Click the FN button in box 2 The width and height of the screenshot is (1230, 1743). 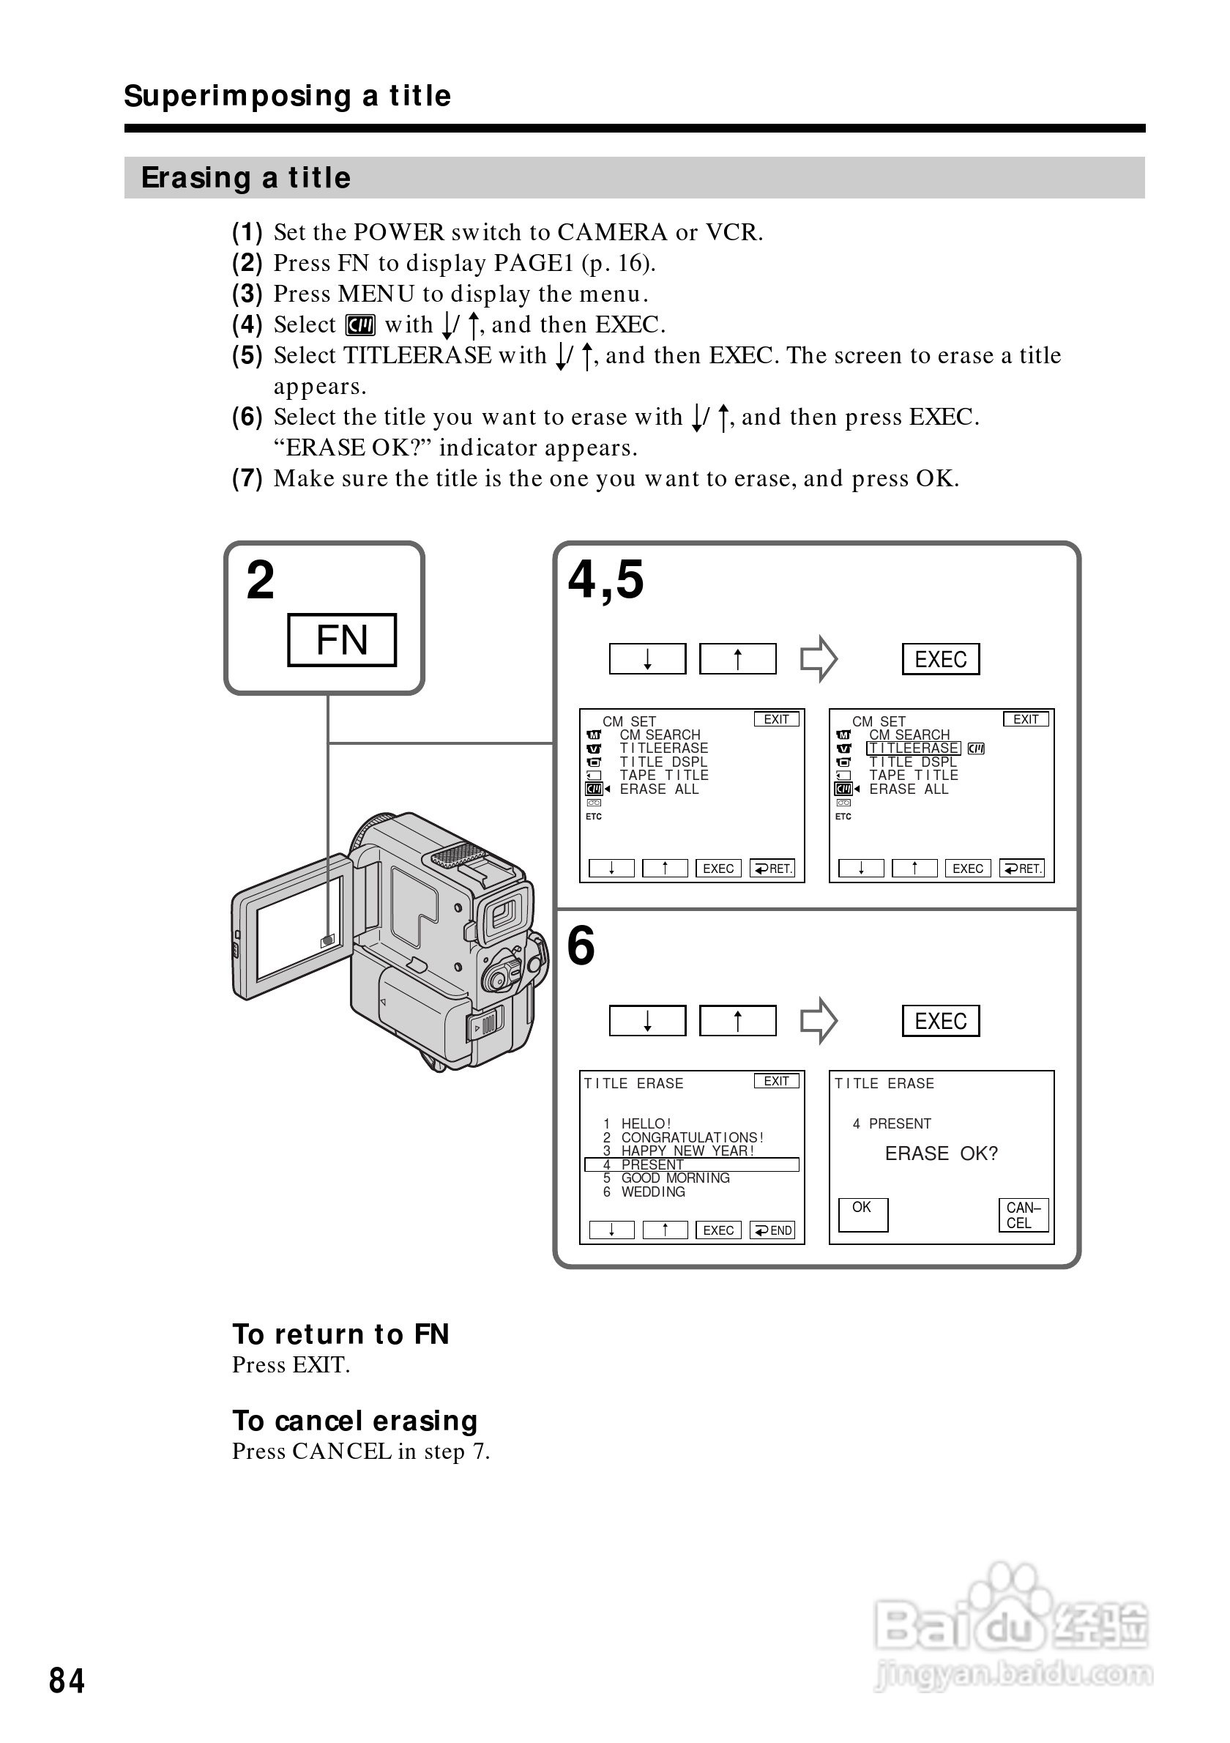tap(341, 640)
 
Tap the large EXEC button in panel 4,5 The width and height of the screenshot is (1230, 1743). tap(940, 659)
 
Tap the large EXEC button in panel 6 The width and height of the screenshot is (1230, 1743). tap(940, 1021)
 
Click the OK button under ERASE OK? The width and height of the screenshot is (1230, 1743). tap(862, 1214)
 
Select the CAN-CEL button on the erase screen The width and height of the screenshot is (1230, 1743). tap(1023, 1215)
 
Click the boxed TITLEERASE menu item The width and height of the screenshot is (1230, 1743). tap(913, 748)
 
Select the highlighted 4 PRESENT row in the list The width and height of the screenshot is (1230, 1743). tap(691, 1164)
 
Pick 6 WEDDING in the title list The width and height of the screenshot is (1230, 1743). tap(652, 1192)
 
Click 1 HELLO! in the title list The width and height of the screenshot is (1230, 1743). tap(645, 1123)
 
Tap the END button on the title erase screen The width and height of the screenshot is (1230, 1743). tap(772, 1230)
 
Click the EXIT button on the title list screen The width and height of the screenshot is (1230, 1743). tap(776, 1081)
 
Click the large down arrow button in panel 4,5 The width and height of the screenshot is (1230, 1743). tap(647, 659)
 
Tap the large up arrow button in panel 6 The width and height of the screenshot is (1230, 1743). tap(737, 1021)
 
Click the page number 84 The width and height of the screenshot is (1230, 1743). tap(67, 1681)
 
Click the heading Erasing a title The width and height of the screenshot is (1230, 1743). tap(246, 178)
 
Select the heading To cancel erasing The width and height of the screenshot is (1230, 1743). tap(354, 1420)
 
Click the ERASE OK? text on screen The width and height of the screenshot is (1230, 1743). tap(941, 1154)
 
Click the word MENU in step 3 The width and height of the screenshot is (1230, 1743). tap(376, 294)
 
